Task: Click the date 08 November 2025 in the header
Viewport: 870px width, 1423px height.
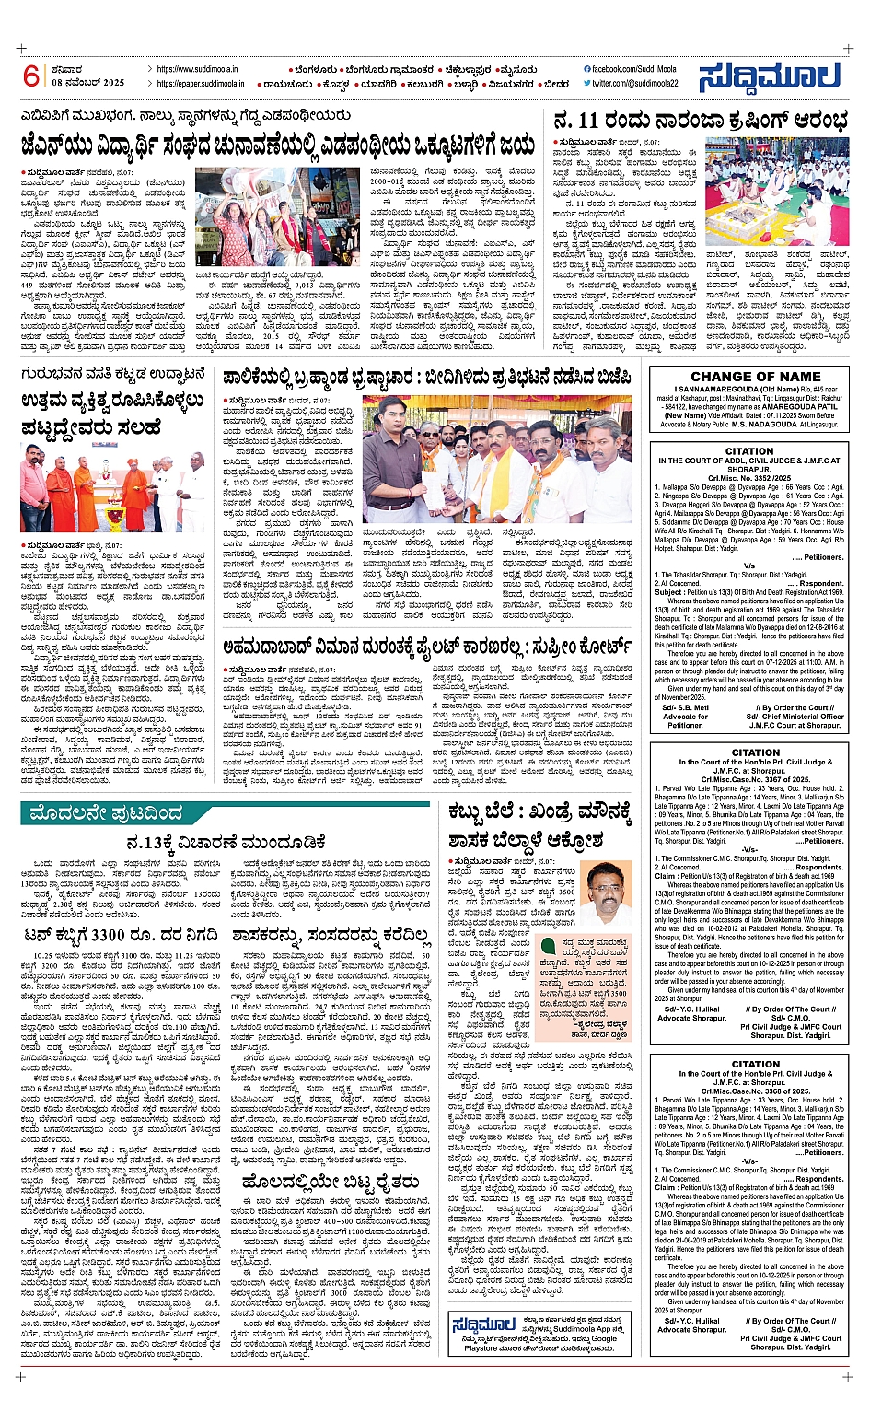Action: [x=87, y=83]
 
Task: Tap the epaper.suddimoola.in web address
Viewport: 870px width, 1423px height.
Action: [x=200, y=84]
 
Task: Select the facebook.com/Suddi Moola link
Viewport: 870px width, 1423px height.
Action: [x=630, y=69]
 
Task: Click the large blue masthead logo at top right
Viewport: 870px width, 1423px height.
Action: [x=769, y=76]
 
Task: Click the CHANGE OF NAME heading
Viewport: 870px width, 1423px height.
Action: [x=755, y=376]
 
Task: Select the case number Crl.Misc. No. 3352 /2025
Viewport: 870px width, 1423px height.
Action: [x=750, y=478]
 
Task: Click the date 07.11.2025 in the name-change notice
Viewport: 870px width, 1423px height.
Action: [x=793, y=415]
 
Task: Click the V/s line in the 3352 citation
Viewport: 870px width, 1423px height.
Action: [x=749, y=566]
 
